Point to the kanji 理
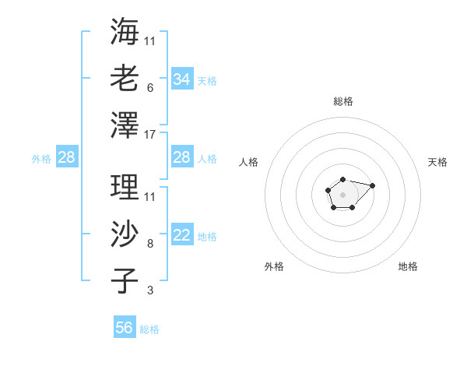(125, 187)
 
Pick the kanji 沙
(125, 234)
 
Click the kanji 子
(125, 280)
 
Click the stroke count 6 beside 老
(149, 87)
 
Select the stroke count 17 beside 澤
(151, 134)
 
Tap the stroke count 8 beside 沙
(149, 244)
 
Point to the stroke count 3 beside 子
(149, 290)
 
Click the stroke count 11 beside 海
(150, 40)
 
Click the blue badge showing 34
(182, 79)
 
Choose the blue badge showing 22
(182, 236)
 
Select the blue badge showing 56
(125, 328)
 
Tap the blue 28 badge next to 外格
(67, 158)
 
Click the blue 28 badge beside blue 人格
(182, 157)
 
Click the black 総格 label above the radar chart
(342, 101)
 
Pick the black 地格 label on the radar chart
(408, 266)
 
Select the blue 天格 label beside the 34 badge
(207, 80)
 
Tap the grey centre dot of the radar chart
(342, 193)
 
